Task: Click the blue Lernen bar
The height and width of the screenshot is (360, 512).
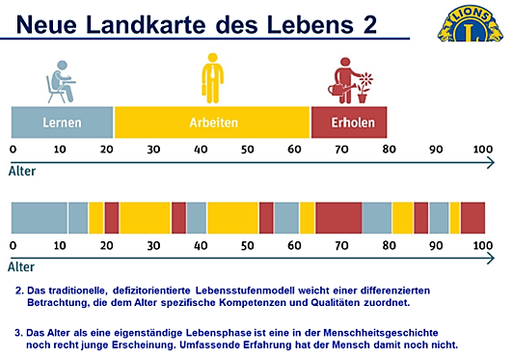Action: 62,123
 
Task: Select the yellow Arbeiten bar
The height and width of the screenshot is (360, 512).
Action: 212,123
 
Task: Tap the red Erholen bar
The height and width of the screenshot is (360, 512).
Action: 349,123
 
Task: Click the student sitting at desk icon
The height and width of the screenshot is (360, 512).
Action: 61,81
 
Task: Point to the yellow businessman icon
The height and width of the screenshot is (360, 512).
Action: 211,79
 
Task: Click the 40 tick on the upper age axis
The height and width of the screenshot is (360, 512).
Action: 201,150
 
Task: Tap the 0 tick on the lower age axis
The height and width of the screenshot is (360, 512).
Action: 13,246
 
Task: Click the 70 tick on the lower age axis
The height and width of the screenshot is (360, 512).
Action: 341,246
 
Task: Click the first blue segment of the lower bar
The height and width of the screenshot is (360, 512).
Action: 39,217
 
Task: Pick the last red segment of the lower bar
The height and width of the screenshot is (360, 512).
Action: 472,217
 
